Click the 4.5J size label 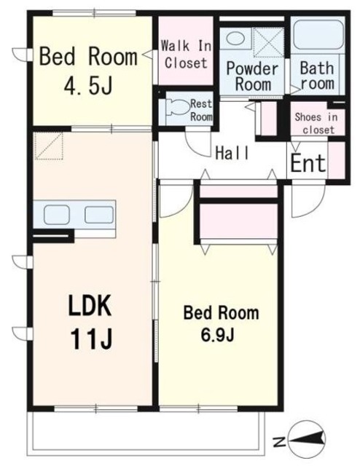[88, 85]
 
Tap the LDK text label [90, 306]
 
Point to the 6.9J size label [217, 335]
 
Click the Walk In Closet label [186, 55]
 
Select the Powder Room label [253, 76]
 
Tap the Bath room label [317, 75]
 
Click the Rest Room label [201, 110]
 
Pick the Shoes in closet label [316, 123]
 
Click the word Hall [232, 153]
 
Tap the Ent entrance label [308, 163]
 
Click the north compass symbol [307, 438]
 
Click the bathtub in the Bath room [318, 36]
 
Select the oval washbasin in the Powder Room [235, 38]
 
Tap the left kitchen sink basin [57, 214]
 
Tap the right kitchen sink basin [99, 215]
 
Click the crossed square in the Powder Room [269, 42]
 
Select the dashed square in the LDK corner [49, 146]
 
